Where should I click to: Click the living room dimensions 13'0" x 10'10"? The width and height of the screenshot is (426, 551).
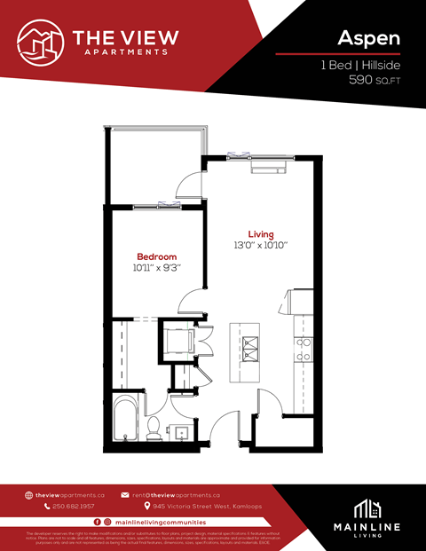(x=261, y=245)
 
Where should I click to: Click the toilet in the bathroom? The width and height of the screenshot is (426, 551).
(x=154, y=429)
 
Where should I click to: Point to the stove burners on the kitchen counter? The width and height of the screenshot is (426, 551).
(x=304, y=348)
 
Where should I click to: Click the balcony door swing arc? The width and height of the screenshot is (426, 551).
(x=189, y=185)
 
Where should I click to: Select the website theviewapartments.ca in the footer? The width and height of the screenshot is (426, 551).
(x=70, y=494)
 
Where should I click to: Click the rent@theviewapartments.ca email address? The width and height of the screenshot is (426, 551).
(x=176, y=494)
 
